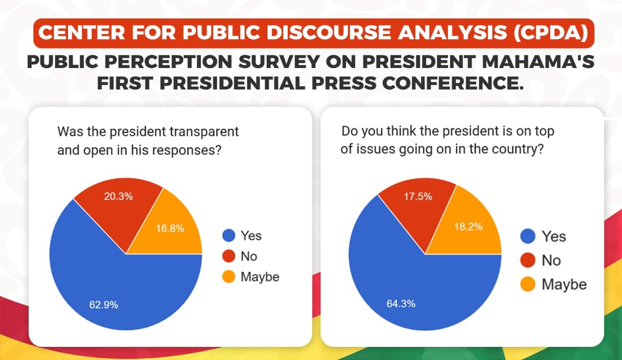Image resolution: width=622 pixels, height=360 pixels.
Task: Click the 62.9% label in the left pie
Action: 103,305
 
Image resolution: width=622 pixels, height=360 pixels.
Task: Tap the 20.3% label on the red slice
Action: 118,197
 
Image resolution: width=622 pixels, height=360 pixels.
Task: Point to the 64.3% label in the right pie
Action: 401,304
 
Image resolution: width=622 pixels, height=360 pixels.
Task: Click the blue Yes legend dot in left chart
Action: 228,236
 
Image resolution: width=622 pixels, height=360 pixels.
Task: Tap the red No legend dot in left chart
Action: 228,257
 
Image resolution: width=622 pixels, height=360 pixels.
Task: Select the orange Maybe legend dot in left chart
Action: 228,277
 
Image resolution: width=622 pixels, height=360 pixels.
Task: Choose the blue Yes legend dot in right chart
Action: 528,237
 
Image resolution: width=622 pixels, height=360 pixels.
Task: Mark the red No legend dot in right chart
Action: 528,260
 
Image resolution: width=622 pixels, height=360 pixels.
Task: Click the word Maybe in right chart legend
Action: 564,284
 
